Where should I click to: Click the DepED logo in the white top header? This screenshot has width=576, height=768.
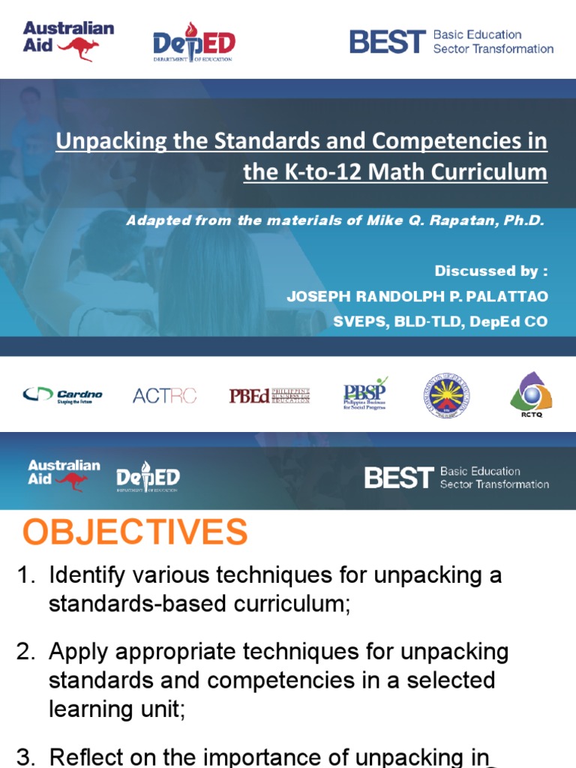[x=193, y=42]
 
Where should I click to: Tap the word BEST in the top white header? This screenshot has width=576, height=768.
[x=387, y=42]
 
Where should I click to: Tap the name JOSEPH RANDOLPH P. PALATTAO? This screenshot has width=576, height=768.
[x=417, y=296]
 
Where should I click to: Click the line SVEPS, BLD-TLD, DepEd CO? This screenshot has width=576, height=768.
[x=440, y=322]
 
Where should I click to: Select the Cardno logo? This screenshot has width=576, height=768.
[x=63, y=394]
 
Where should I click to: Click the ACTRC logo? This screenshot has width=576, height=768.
[x=164, y=395]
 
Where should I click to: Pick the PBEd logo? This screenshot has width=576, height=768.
[x=269, y=395]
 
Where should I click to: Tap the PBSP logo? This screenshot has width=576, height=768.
[x=365, y=392]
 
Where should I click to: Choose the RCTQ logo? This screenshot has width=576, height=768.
[x=531, y=393]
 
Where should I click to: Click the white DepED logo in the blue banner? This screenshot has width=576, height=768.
[x=148, y=478]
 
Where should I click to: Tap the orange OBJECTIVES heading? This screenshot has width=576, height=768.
[x=134, y=532]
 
